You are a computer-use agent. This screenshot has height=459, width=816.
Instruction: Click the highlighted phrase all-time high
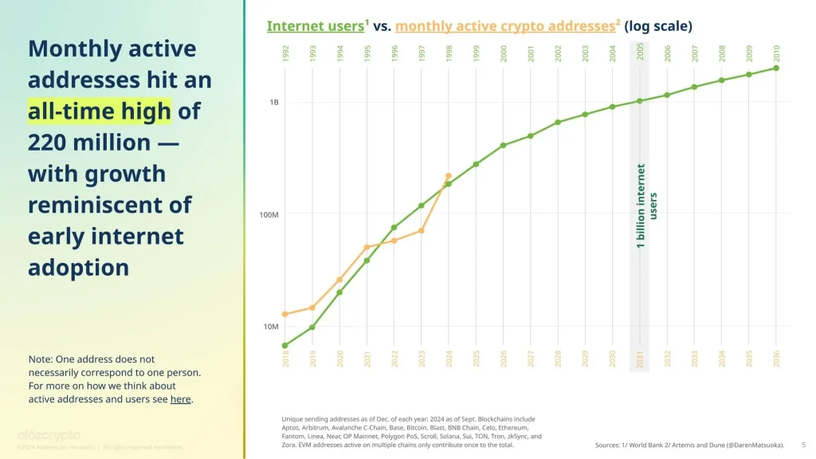[99, 111]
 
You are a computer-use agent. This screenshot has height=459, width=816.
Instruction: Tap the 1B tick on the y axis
[273, 103]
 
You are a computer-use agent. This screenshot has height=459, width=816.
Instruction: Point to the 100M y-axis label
[269, 215]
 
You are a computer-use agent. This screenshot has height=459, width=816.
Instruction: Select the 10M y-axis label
[272, 327]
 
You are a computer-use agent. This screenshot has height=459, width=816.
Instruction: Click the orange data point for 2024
[449, 176]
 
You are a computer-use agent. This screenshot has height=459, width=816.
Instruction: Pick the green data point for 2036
[776, 68]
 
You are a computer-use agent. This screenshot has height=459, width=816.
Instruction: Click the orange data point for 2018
[285, 314]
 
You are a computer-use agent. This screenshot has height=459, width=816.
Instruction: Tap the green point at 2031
[640, 100]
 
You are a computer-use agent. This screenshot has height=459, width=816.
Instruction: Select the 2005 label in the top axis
[641, 53]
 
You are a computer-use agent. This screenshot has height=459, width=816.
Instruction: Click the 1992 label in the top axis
[285, 53]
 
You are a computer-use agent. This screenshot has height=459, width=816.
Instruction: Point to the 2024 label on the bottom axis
[449, 358]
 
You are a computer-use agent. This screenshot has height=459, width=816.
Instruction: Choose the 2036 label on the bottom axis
[776, 358]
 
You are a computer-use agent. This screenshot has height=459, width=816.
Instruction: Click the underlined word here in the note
[180, 399]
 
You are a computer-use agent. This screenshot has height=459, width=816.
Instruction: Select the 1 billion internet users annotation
[646, 206]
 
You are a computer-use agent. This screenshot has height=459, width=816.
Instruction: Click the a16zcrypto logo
[49, 435]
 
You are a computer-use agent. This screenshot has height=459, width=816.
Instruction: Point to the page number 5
[802, 445]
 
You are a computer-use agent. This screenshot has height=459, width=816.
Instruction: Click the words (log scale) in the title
[658, 26]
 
